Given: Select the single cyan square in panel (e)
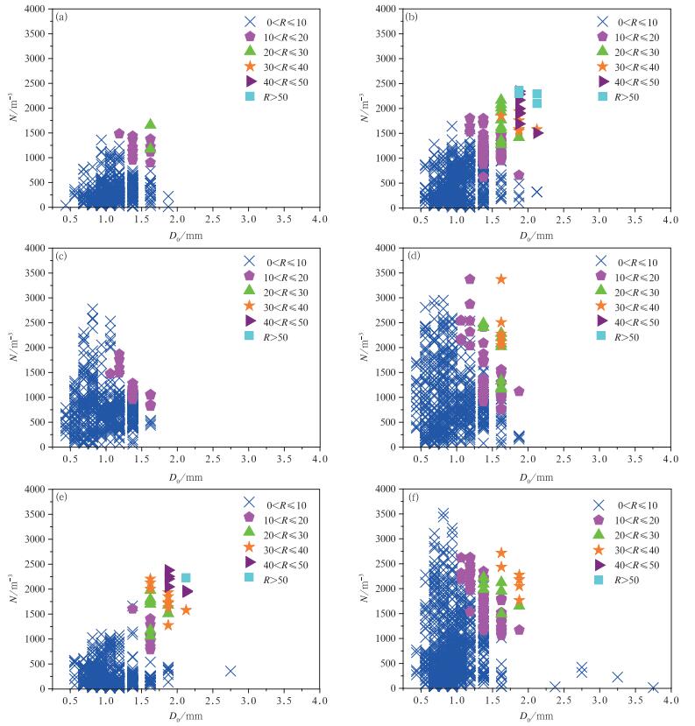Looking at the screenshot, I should point(186,578).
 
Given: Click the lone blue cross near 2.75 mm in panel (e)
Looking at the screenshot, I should point(230,671).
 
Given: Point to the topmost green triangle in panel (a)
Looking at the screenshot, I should point(150,124).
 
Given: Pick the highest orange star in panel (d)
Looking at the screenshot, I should point(501,278).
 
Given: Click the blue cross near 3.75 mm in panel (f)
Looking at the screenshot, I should point(654,687).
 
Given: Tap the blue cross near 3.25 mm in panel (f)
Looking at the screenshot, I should point(617,677).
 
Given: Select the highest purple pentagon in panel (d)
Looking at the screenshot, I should point(470,279).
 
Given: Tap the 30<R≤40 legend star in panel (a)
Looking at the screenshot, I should point(250,66).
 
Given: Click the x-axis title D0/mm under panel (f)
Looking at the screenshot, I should point(536,716).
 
